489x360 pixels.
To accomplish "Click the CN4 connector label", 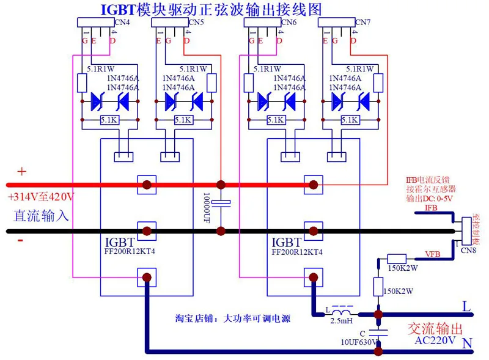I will click(123, 22).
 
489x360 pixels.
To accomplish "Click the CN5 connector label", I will click(196, 22).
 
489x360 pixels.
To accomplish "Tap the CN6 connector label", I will click(289, 22).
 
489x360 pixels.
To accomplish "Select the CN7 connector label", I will click(363, 22).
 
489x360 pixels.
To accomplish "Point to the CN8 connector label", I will click(468, 250).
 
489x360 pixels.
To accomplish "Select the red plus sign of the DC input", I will click(22, 172).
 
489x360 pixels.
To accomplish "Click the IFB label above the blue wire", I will click(431, 208).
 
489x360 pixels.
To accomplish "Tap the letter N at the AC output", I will click(467, 345).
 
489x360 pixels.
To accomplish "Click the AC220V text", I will click(435, 340).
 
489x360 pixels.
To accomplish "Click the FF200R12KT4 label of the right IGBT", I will click(297, 251).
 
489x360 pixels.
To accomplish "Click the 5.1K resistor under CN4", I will click(109, 120).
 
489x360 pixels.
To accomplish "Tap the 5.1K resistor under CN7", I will click(348, 120).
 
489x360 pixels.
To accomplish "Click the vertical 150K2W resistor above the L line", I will click(378, 286).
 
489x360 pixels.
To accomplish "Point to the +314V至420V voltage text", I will click(41, 197).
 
